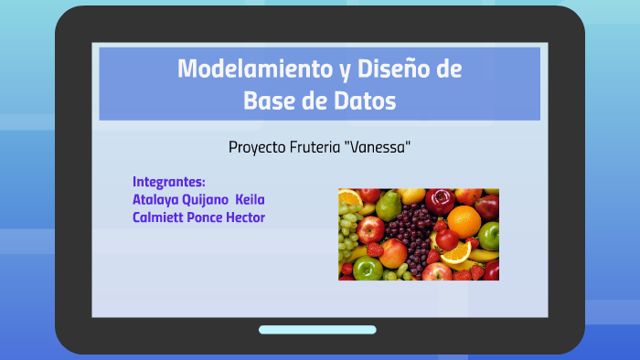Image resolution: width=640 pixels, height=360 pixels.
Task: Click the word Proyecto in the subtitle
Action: click(257, 147)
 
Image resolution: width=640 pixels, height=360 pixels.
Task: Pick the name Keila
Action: click(251, 199)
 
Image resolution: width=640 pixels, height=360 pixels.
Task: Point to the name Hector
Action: click(245, 217)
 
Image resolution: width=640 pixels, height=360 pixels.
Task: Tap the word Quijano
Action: click(208, 199)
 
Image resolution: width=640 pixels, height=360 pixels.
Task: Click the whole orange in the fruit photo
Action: click(464, 220)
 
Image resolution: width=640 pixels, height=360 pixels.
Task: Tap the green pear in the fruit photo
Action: click(389, 202)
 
